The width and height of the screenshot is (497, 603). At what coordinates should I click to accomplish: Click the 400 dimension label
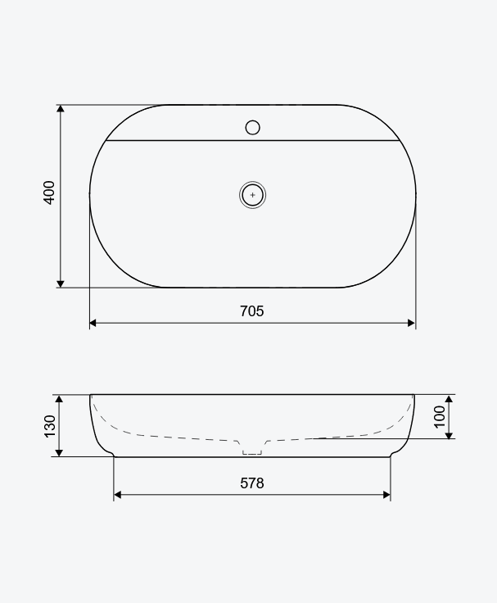(x=49, y=193)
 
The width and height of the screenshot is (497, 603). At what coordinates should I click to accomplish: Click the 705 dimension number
(x=251, y=311)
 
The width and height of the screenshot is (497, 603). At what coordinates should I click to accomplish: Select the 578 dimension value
(x=252, y=483)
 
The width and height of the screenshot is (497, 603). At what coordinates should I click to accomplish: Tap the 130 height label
(x=50, y=426)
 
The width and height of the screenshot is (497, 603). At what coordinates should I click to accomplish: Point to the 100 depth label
(x=440, y=416)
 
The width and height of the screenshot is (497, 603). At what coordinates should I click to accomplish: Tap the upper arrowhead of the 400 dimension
(x=61, y=108)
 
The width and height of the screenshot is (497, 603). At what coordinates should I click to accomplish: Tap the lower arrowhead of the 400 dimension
(x=61, y=283)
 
